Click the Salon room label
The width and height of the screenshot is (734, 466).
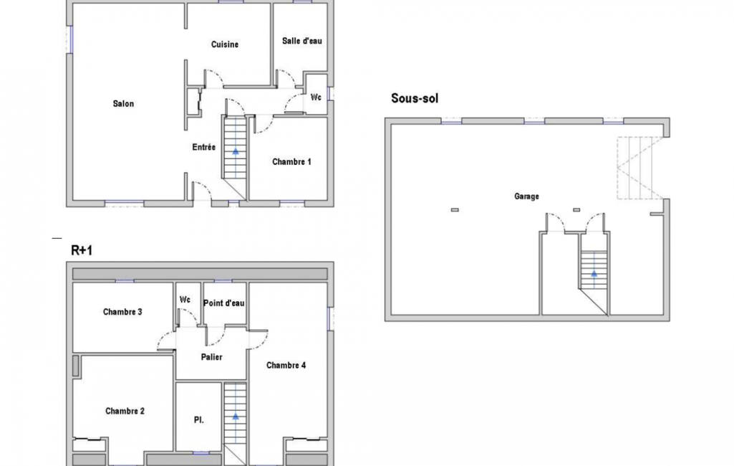point(123,104)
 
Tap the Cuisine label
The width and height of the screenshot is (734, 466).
point(225,44)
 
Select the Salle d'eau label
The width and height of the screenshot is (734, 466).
point(302,42)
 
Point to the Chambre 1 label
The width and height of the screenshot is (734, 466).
point(291,162)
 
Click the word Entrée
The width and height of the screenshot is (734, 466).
point(203,147)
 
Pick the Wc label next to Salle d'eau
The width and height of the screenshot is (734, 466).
point(316,98)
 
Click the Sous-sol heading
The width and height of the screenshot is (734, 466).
point(415,98)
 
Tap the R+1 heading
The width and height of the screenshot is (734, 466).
point(82,250)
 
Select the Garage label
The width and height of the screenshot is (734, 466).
point(526,196)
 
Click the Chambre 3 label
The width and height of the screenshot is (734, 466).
point(122,313)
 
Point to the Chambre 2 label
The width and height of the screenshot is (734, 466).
point(125,411)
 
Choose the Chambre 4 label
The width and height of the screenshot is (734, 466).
point(286,365)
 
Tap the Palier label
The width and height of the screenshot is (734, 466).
point(211,357)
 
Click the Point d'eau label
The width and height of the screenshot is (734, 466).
point(223,303)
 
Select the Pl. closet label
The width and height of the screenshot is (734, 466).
point(199,420)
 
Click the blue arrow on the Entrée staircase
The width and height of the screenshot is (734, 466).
point(236,151)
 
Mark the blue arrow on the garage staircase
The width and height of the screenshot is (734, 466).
point(594,273)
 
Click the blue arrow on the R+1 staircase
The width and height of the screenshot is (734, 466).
point(236,417)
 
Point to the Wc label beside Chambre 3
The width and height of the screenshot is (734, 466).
point(185,300)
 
